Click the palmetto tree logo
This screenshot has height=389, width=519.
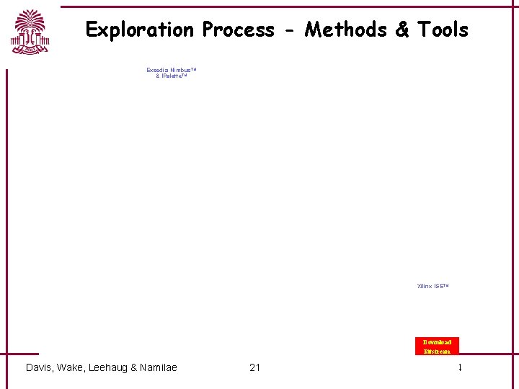(x=30, y=32)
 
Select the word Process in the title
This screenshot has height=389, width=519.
(x=239, y=30)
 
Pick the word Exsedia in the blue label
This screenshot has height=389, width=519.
(x=157, y=70)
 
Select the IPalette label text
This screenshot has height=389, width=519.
(x=174, y=76)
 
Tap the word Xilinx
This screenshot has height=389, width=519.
(x=424, y=286)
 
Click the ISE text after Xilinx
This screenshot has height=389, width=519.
(x=440, y=286)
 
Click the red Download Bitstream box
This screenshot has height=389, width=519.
(x=437, y=346)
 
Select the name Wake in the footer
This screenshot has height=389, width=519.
(x=73, y=367)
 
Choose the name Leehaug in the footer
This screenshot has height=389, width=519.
(x=112, y=367)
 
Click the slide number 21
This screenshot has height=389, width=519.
(x=254, y=367)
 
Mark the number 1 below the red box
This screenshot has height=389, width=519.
(x=459, y=367)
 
